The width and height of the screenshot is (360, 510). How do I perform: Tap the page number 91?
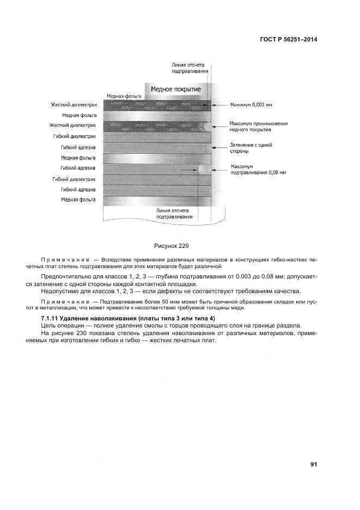pyautogui.click(x=314, y=464)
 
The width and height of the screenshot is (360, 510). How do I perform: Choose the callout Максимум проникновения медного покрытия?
pyautogui.click(x=251, y=127)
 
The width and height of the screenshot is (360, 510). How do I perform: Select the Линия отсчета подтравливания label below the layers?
pyautogui.click(x=174, y=213)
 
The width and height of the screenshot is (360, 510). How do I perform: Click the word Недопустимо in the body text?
pyautogui.click(x=58, y=291)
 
